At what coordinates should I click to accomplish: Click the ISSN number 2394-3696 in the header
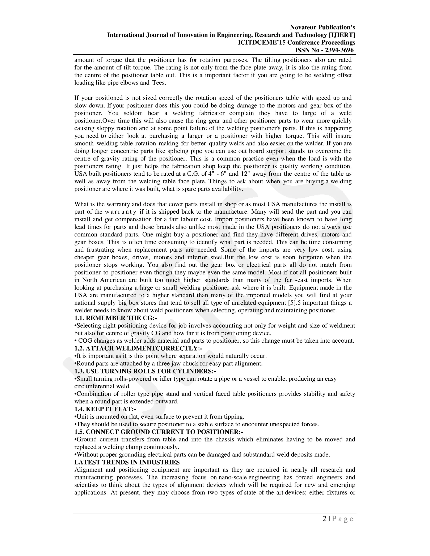(x=339, y=50)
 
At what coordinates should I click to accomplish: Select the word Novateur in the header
(x=303, y=27)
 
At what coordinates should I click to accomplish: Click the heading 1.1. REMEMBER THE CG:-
(x=116, y=318)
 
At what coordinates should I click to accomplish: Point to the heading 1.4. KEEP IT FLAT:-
(x=105, y=409)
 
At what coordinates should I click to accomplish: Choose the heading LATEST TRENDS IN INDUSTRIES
(x=127, y=462)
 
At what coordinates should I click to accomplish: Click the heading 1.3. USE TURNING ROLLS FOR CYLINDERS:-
(x=145, y=371)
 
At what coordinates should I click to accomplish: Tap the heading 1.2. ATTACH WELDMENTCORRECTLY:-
(x=138, y=348)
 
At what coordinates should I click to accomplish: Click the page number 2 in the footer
(x=324, y=519)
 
